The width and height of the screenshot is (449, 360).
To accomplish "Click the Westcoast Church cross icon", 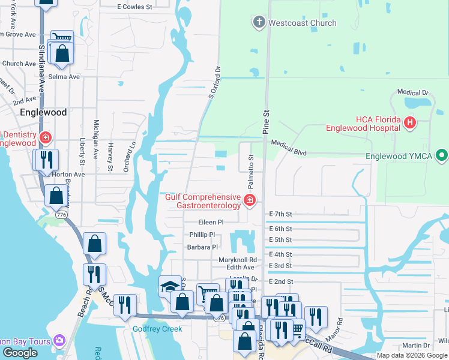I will click(x=259, y=23).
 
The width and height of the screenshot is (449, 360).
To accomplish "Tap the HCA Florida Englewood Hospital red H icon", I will click(x=411, y=123).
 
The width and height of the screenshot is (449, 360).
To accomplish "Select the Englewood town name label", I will click(x=43, y=112).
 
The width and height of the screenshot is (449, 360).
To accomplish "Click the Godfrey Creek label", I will click(x=157, y=329).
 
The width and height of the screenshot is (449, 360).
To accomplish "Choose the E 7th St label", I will click(x=281, y=214).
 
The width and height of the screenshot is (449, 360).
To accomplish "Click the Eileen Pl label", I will click(x=211, y=221).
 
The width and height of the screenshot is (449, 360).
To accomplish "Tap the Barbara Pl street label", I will click(x=202, y=247).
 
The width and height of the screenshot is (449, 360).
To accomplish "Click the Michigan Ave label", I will click(x=96, y=139).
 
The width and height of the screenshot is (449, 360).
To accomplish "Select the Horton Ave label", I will click(x=68, y=175).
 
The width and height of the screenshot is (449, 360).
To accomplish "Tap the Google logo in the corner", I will click(x=20, y=352).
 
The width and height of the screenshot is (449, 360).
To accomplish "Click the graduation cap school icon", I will click(x=170, y=287).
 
